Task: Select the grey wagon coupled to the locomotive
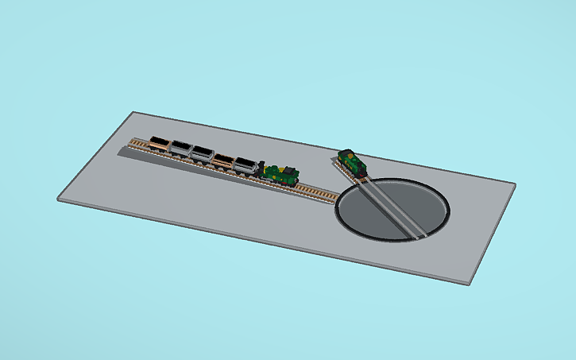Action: (x=245, y=165)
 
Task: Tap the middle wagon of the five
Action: (x=203, y=153)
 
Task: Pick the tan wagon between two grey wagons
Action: (x=224, y=159)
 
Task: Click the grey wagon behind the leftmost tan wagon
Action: (x=182, y=149)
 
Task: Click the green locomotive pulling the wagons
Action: (x=280, y=173)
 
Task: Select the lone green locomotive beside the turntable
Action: (x=351, y=163)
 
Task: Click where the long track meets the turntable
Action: (x=338, y=199)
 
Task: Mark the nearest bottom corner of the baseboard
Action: (x=470, y=283)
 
